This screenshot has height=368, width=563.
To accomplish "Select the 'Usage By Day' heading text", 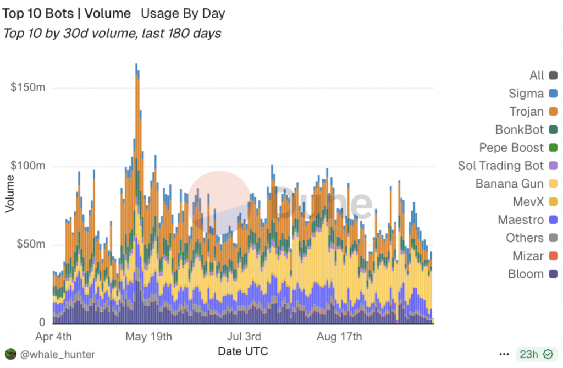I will click(x=183, y=13).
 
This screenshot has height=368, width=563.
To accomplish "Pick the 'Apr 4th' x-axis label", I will click(x=53, y=336).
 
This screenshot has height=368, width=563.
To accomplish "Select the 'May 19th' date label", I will click(x=149, y=336).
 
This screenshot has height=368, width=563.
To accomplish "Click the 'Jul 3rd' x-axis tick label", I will click(x=244, y=336).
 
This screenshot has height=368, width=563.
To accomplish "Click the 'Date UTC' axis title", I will click(x=243, y=351).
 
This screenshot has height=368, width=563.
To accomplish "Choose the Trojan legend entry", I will click(x=527, y=112).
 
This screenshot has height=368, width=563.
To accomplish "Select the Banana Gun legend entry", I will click(x=510, y=184).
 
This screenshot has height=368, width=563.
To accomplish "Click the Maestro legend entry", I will click(x=521, y=220).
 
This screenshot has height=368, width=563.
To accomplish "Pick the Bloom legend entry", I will click(x=526, y=274).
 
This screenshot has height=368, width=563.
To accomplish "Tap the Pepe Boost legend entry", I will click(x=511, y=148).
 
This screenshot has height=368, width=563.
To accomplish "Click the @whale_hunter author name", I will click(x=57, y=355).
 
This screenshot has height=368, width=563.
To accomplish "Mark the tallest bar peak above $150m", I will click(x=136, y=66).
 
